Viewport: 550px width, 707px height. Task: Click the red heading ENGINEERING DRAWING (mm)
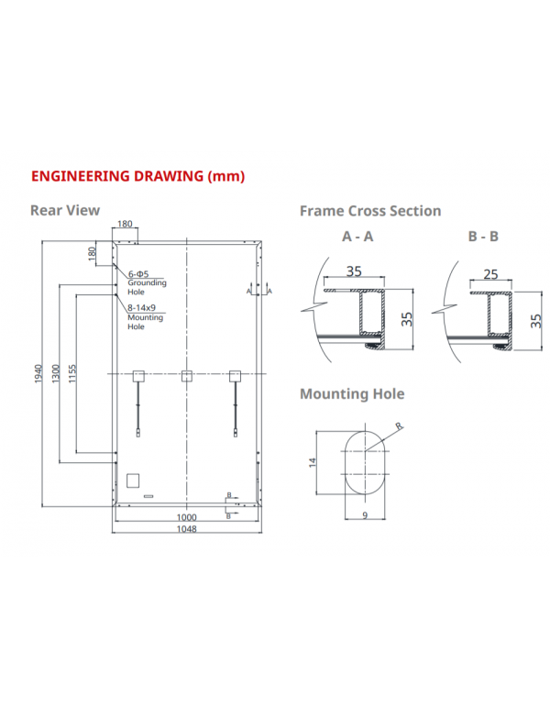coord(138,175)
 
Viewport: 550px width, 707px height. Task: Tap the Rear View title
coord(65,211)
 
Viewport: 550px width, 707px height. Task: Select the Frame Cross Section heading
coord(370,211)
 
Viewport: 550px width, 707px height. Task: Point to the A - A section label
coord(357,237)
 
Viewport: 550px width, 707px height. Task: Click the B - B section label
coord(483,237)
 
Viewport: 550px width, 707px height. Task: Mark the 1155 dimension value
coord(72,373)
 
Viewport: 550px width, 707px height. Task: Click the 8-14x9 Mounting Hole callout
coord(145,317)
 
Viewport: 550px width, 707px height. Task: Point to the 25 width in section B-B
coord(491,274)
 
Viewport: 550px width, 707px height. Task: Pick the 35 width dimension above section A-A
coord(355,271)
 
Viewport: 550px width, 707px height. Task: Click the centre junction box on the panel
coord(186,374)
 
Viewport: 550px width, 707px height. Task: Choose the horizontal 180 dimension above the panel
coord(125,224)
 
